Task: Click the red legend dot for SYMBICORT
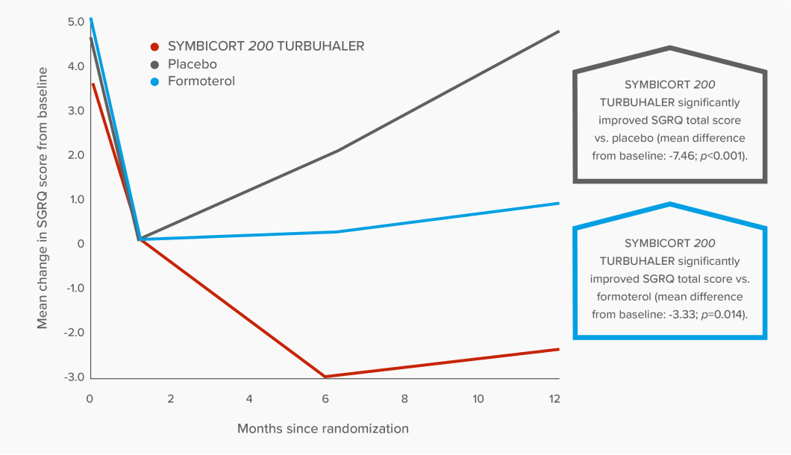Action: pyautogui.click(x=154, y=46)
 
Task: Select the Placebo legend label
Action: pyautogui.click(x=192, y=64)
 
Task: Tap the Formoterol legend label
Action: pyautogui.click(x=201, y=81)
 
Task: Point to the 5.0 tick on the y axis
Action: pyautogui.click(x=75, y=22)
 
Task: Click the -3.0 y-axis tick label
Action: pyautogui.click(x=74, y=377)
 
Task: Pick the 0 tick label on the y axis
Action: pyautogui.click(x=81, y=244)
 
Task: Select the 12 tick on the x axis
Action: pyautogui.click(x=554, y=398)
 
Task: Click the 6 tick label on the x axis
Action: pyautogui.click(x=325, y=398)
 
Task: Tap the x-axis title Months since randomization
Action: pyautogui.click(x=322, y=429)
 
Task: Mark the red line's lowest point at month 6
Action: pyautogui.click(x=325, y=377)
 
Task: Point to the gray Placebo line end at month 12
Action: pyautogui.click(x=558, y=31)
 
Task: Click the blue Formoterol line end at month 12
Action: pyautogui.click(x=558, y=203)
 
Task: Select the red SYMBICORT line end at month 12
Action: pyautogui.click(x=558, y=349)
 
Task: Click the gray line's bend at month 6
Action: pyautogui.click(x=338, y=151)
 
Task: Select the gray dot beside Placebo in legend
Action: pyautogui.click(x=154, y=64)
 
